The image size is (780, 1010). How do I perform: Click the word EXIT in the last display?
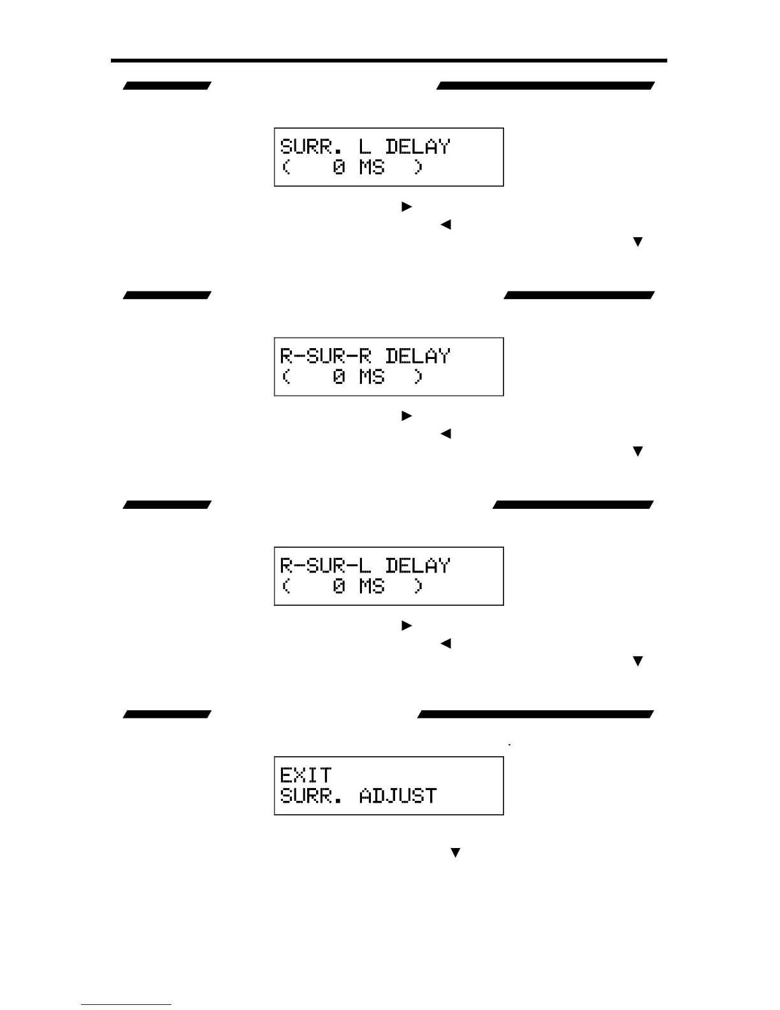[x=306, y=775]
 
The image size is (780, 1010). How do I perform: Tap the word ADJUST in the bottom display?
[x=398, y=796]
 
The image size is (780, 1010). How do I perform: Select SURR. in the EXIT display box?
[x=312, y=796]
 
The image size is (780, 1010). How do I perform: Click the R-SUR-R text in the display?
[x=326, y=356]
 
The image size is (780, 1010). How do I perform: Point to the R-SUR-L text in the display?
[x=326, y=566]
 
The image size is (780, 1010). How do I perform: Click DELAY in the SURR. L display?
[x=417, y=147]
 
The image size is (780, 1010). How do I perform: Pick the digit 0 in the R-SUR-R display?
[x=339, y=377]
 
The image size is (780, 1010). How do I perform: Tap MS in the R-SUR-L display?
[x=372, y=586]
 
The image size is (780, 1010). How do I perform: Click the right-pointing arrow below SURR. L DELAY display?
[x=407, y=207]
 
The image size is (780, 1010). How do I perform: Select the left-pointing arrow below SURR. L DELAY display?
[x=445, y=224]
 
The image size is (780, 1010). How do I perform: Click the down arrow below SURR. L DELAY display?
[x=637, y=242]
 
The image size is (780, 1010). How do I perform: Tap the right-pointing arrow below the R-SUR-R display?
[x=407, y=416]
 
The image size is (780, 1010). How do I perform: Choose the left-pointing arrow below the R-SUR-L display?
[x=445, y=643]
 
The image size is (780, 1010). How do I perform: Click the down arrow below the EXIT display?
[x=455, y=853]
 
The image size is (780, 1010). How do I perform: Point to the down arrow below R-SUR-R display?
[x=637, y=451]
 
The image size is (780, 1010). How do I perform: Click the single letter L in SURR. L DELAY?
[x=365, y=147]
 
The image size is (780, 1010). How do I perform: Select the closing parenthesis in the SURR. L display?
[x=418, y=167]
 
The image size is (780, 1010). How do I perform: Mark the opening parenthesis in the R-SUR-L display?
[x=286, y=586]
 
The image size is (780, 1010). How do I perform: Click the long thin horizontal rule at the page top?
[x=389, y=61]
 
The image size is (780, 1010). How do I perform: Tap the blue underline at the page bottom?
[x=126, y=1005]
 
